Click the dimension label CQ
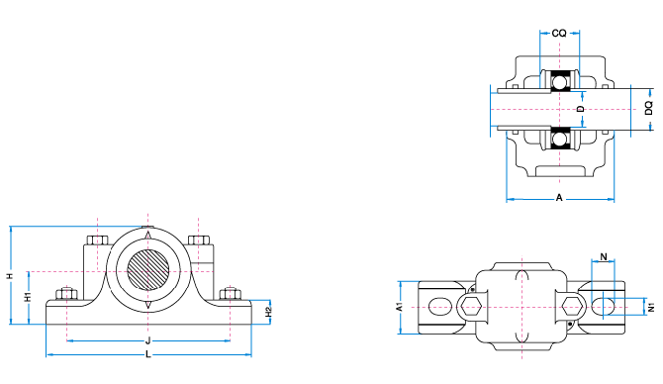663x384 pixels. (559, 33)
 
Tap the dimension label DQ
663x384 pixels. (648, 108)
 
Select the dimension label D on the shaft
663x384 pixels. (581, 109)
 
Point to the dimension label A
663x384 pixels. (559, 198)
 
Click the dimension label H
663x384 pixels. (10, 276)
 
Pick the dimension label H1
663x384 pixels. (28, 297)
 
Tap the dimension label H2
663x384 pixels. (268, 312)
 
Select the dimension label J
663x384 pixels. (148, 340)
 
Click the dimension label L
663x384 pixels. (148, 354)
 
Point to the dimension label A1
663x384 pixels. (399, 307)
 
